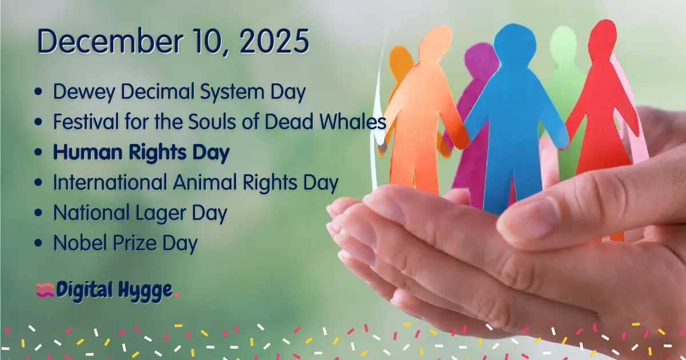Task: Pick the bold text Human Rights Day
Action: [141, 153]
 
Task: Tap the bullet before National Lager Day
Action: [38, 214]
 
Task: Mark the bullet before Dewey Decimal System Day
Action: [38, 92]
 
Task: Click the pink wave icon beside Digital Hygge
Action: [44, 290]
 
